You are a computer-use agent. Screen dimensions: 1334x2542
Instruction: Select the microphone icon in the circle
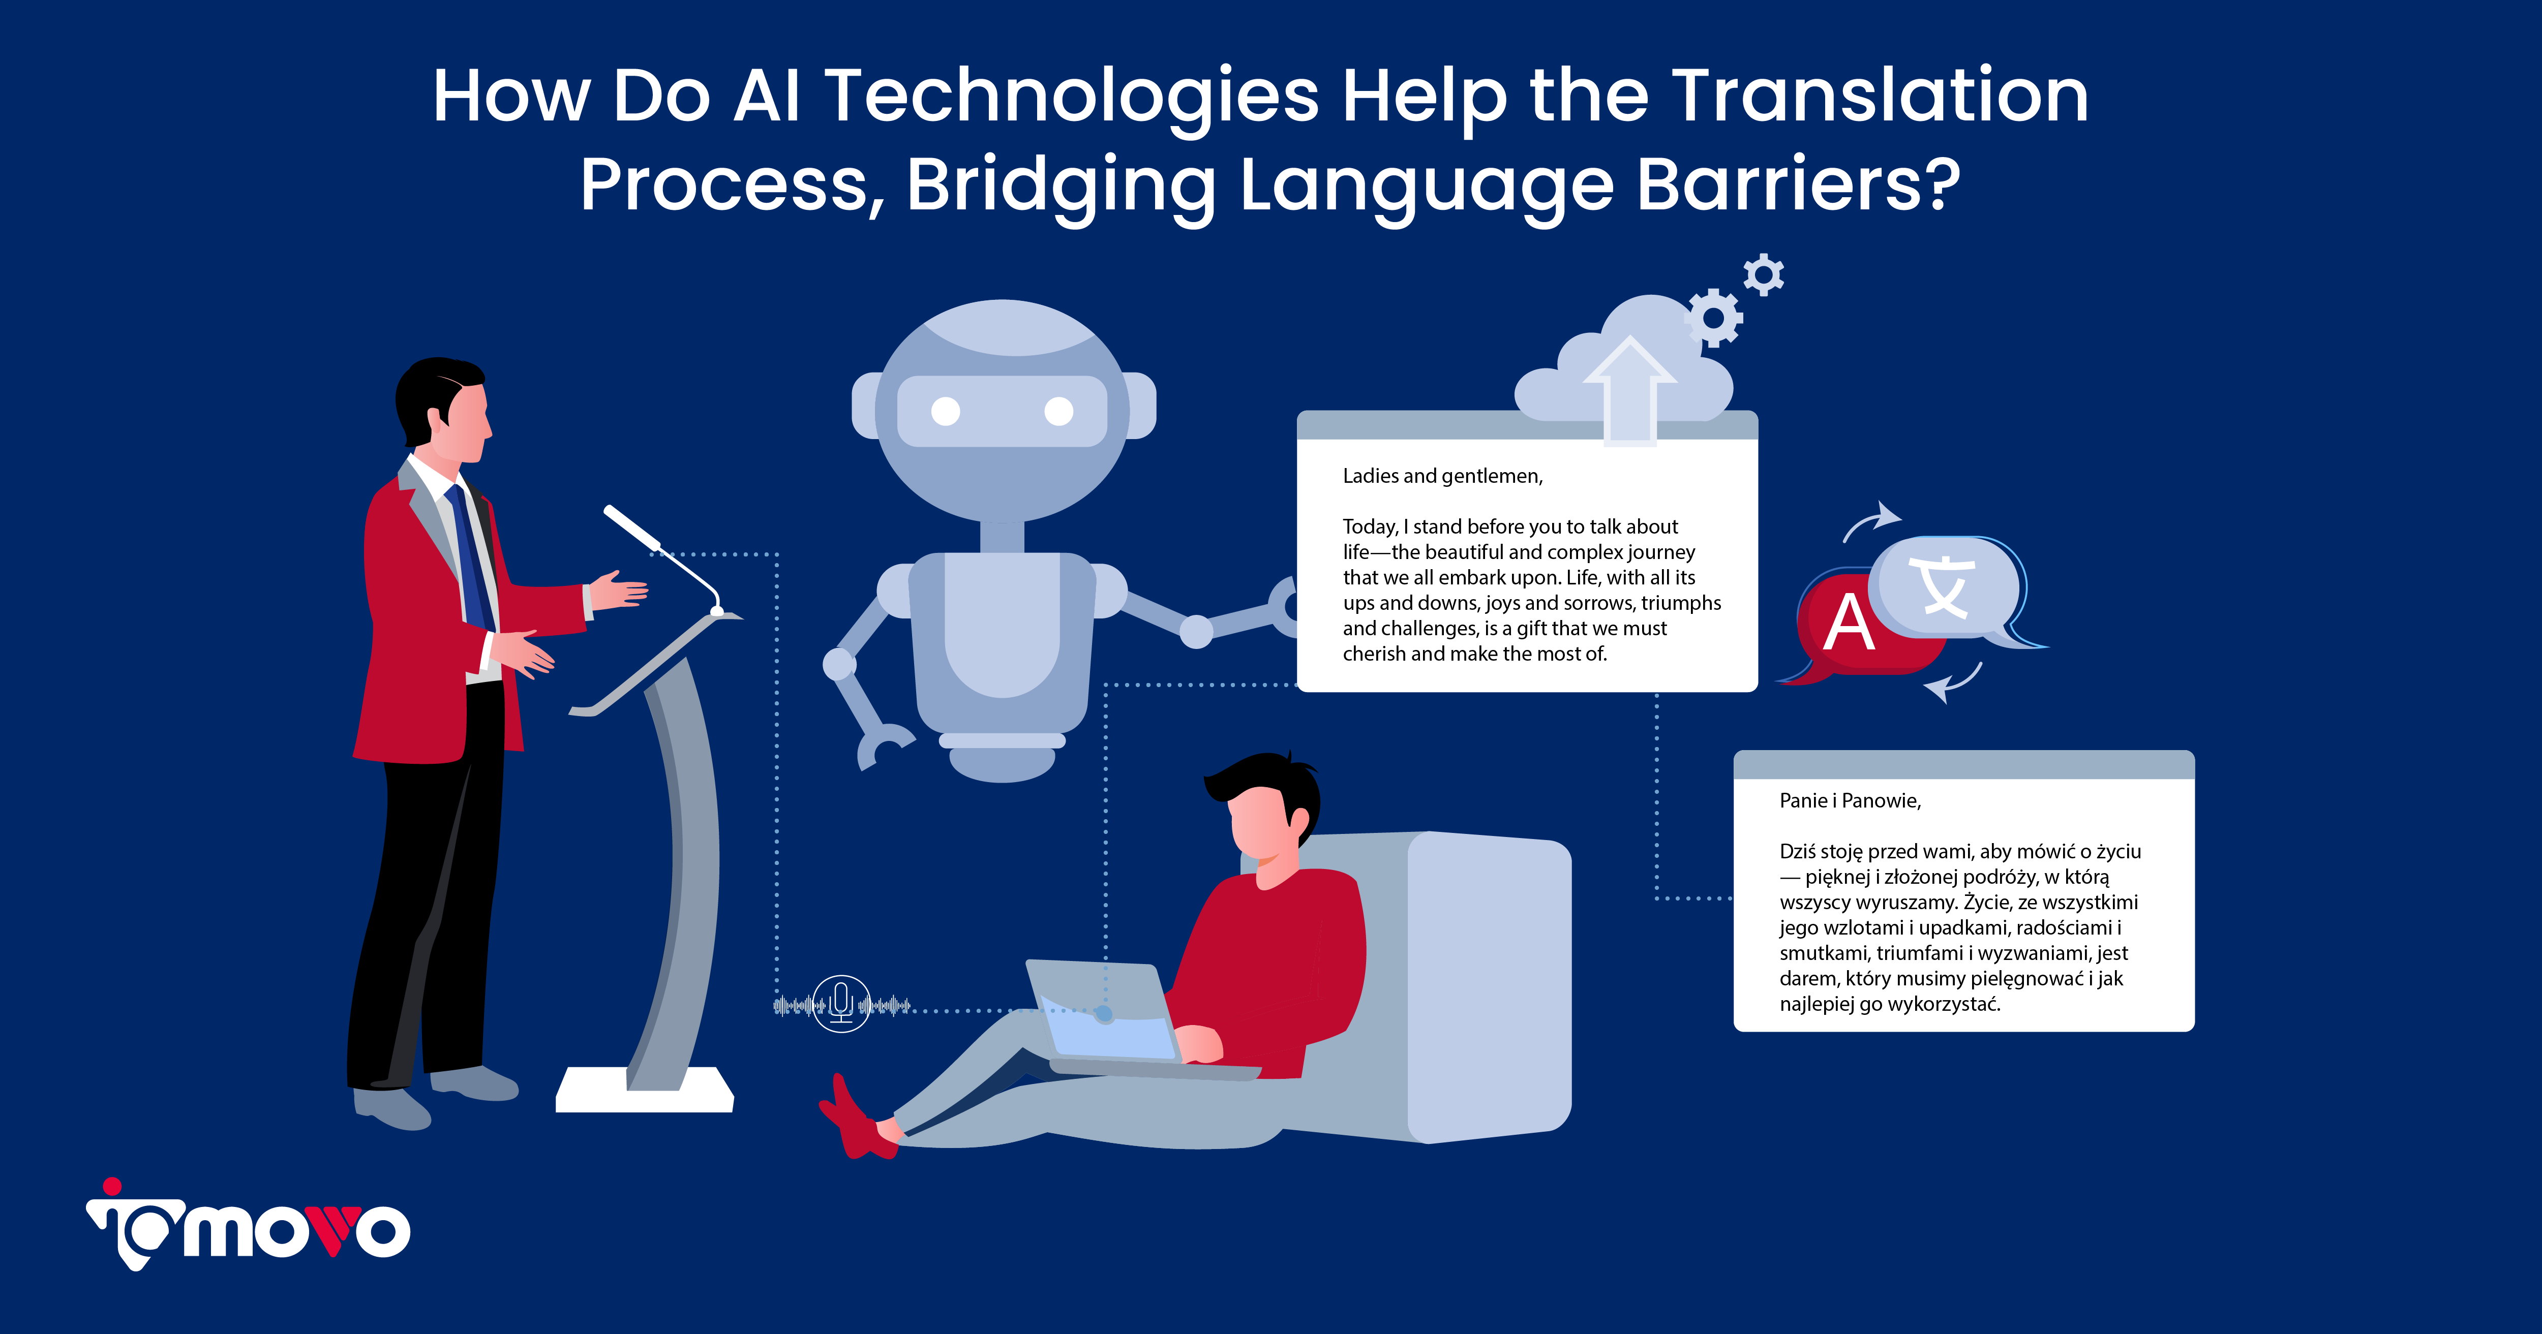(x=841, y=1003)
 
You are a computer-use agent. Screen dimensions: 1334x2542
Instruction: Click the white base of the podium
(x=644, y=1093)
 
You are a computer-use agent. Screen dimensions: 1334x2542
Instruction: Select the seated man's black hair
(x=1263, y=780)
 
